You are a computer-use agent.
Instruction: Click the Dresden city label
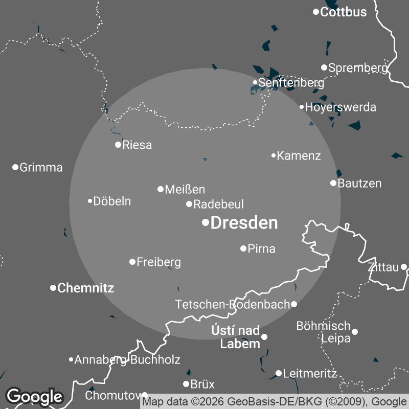244,223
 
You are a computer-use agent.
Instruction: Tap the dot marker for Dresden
206,222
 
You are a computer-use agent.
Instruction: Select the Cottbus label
343,12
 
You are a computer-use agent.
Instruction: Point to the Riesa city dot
118,145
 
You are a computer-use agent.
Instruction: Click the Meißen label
185,190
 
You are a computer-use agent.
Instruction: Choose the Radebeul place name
218,204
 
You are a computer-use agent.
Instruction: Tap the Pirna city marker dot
243,248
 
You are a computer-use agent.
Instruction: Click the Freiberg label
158,262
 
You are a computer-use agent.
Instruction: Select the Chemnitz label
85,288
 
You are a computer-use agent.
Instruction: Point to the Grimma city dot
15,167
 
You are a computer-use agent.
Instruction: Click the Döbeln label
112,201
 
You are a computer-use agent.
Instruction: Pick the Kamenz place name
299,156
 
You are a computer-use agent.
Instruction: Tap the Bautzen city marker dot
333,183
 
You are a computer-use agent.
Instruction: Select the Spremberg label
358,67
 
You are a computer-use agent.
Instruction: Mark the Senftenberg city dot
255,82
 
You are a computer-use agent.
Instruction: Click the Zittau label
383,267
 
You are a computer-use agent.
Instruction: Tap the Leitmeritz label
310,374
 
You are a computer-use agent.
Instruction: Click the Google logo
35,396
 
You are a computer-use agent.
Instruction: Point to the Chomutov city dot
145,395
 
